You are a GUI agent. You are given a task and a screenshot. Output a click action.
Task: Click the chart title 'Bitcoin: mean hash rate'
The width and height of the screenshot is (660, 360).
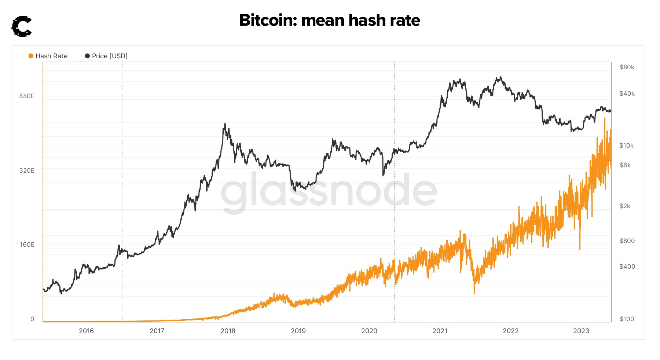click(x=329, y=20)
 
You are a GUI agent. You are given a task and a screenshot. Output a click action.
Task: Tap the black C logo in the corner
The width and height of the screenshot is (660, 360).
click(x=22, y=26)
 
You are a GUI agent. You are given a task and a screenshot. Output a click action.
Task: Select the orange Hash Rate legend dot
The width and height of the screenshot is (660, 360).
click(x=31, y=56)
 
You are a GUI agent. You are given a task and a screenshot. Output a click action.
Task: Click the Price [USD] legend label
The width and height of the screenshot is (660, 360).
click(x=110, y=56)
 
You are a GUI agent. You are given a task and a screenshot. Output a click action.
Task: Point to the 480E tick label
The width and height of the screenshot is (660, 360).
click(x=27, y=96)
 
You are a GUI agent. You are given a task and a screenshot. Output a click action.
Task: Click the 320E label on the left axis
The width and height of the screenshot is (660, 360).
click(x=27, y=170)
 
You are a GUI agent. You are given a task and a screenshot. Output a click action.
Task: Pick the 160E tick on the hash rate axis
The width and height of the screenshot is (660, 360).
click(x=27, y=245)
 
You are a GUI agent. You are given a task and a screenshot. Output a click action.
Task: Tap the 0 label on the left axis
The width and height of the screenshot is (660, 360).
click(x=32, y=319)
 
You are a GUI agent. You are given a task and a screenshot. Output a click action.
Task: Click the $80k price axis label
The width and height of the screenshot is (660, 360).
click(x=627, y=67)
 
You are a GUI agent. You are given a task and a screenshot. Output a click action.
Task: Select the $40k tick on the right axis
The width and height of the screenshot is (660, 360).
click(x=627, y=93)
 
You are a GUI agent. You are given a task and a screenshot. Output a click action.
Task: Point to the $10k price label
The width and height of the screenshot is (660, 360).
click(x=626, y=146)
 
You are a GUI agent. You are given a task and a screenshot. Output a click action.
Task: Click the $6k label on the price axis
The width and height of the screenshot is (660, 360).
click(x=625, y=165)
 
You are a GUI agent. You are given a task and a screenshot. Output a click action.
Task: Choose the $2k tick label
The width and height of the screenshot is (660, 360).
click(x=625, y=206)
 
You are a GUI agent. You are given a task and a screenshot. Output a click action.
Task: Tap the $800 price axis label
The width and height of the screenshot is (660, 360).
click(x=627, y=241)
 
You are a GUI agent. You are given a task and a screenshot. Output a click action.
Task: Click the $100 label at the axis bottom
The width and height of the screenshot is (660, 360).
click(x=626, y=319)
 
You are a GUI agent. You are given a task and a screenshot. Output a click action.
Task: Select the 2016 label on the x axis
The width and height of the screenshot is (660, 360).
click(x=86, y=331)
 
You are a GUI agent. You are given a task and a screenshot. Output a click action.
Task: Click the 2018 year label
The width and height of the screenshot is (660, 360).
click(x=228, y=331)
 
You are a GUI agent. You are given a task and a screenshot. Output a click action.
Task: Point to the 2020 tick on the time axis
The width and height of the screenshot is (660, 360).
click(x=369, y=331)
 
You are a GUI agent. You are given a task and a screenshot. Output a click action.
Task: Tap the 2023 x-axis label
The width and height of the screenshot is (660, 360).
click(x=581, y=331)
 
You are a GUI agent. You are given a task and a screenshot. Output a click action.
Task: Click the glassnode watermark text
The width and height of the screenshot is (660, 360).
click(x=329, y=191)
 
